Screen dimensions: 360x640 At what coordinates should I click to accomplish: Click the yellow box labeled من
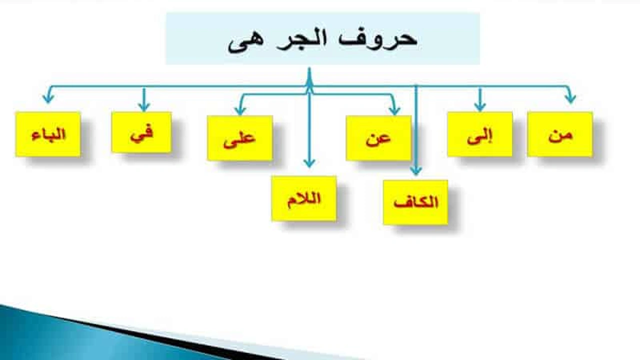[x=560, y=134]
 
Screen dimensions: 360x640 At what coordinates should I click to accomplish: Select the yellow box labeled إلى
[x=479, y=134]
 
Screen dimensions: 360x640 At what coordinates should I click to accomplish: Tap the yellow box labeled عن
[x=378, y=138]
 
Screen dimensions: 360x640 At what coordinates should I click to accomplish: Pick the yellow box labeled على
[x=240, y=138]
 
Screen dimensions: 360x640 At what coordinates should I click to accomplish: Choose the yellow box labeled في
[x=141, y=132]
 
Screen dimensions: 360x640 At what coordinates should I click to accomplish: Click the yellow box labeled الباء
[x=48, y=134]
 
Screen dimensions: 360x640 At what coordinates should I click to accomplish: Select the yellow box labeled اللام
[x=304, y=198]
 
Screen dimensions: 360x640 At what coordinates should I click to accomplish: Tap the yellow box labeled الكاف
[x=415, y=202]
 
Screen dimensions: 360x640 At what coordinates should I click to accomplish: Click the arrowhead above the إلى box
[x=480, y=106]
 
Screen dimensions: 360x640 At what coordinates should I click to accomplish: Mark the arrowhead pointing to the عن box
[x=394, y=110]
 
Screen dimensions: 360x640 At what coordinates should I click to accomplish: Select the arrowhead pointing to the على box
[x=240, y=110]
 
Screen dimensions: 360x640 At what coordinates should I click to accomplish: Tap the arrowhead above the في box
[x=144, y=106]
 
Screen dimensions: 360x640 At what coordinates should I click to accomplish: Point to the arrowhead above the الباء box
[x=48, y=98]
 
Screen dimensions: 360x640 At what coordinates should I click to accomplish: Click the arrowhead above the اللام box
[x=309, y=163]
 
